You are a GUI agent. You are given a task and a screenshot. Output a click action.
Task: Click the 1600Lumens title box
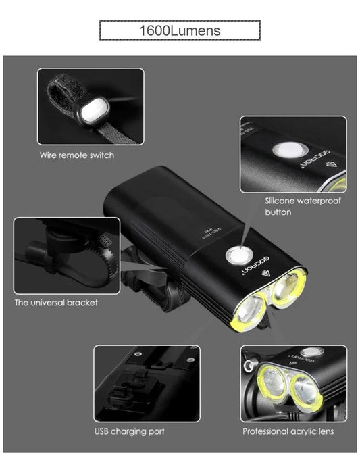click(x=180, y=31)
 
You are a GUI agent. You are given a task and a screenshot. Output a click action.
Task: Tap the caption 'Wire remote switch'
click(x=76, y=155)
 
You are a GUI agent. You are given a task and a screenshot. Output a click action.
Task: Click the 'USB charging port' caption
click(x=129, y=431)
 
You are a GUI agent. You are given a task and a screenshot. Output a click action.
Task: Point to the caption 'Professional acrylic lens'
click(x=288, y=431)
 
